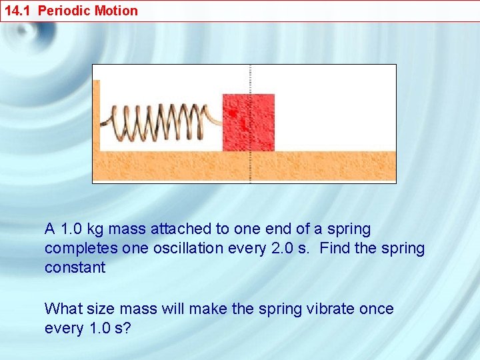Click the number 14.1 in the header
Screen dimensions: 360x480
click(x=17, y=11)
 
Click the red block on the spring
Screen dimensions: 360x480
click(x=248, y=123)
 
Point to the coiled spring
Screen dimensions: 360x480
click(x=160, y=123)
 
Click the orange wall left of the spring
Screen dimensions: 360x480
click(x=96, y=117)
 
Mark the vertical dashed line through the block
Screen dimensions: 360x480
click(x=250, y=77)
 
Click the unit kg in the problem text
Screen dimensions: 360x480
click(x=94, y=229)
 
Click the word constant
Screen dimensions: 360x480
click(x=75, y=268)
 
